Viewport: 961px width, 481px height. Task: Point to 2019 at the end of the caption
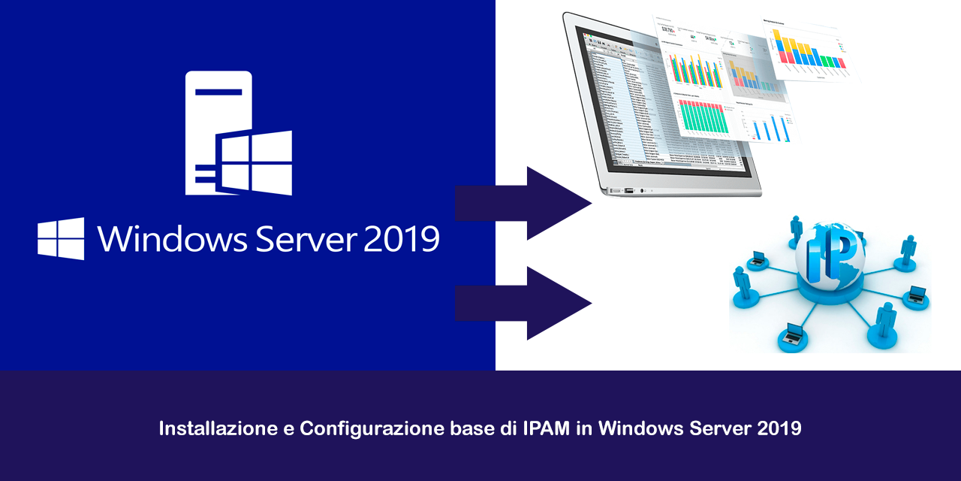coord(779,429)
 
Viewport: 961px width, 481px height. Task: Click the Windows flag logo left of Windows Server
coord(61,239)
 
